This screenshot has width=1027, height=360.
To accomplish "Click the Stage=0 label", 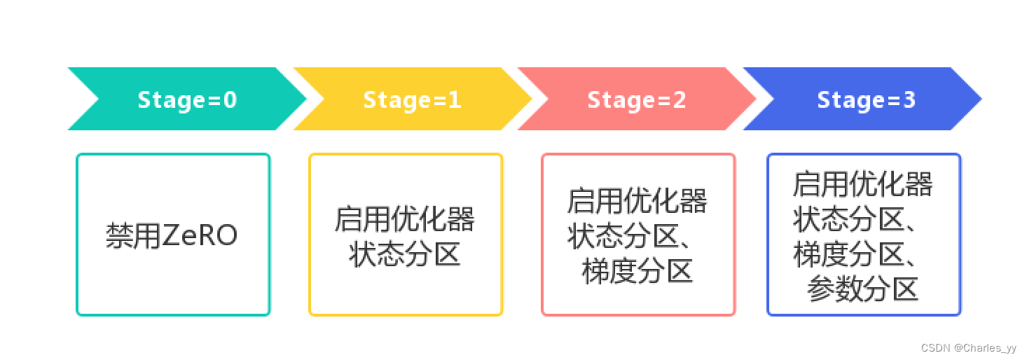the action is [187, 99].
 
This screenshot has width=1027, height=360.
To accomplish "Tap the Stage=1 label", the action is [412, 99].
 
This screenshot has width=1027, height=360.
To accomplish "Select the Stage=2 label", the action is [636, 99].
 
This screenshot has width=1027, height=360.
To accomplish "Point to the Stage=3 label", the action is [866, 99].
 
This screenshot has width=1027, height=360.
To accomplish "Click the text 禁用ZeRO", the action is [172, 235].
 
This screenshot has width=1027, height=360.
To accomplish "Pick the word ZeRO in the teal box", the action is [200, 235].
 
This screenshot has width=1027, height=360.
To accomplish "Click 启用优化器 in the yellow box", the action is [405, 219].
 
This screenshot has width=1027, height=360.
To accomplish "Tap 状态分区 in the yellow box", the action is [405, 254].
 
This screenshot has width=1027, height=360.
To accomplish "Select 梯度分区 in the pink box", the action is [637, 271].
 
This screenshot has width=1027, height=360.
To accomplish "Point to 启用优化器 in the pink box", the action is [637, 201].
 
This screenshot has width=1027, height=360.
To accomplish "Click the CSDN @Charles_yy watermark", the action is [969, 348].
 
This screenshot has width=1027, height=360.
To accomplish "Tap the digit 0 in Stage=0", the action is [230, 99].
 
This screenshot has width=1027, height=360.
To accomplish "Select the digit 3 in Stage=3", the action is [909, 99].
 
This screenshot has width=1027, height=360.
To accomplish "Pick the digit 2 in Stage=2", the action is [679, 99].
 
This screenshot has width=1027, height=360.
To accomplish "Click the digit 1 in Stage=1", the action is [455, 99].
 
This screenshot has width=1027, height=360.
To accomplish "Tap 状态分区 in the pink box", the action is [623, 236].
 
